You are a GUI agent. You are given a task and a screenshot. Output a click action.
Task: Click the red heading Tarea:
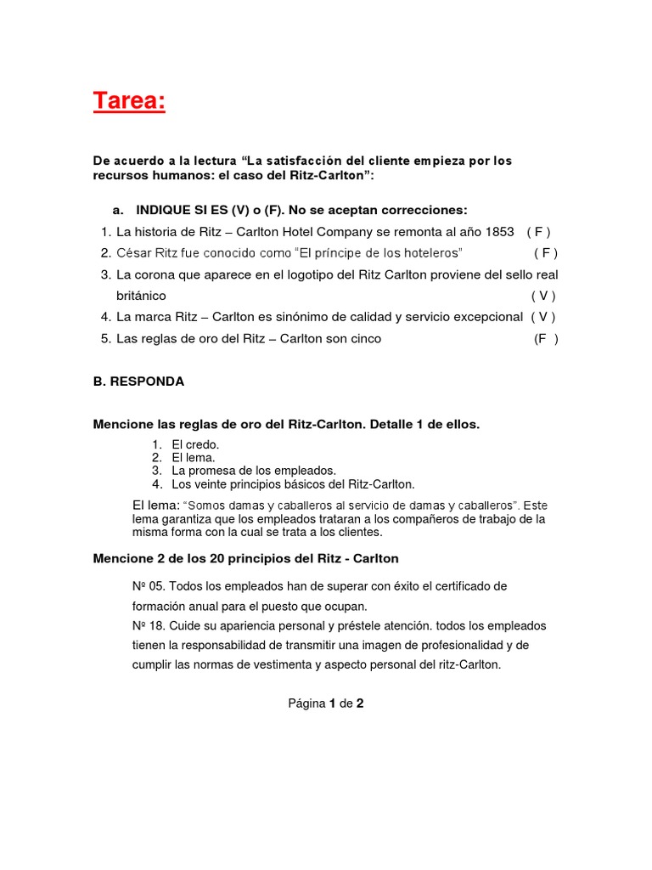tap(129, 103)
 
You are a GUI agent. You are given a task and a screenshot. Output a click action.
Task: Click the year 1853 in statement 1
tap(496, 232)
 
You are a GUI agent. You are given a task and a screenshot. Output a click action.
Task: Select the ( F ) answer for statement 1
tap(539, 232)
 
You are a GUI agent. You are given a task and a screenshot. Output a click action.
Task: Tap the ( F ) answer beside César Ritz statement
tap(546, 253)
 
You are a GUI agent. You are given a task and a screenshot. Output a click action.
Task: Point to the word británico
tap(141, 296)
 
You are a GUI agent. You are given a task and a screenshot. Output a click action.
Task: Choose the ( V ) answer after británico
tap(543, 296)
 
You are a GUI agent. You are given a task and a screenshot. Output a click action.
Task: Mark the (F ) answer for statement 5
tap(545, 338)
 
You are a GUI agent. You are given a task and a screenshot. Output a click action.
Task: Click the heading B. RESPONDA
tap(138, 381)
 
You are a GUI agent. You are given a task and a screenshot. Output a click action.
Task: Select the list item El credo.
tap(195, 444)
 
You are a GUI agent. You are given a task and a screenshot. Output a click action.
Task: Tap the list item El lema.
tap(194, 458)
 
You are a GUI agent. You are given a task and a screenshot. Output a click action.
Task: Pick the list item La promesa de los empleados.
tap(254, 471)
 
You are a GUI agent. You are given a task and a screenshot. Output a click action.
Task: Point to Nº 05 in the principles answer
tap(148, 587)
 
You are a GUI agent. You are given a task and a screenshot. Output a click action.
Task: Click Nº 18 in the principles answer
tap(148, 625)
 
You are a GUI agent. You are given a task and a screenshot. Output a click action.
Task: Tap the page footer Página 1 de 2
tap(326, 703)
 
